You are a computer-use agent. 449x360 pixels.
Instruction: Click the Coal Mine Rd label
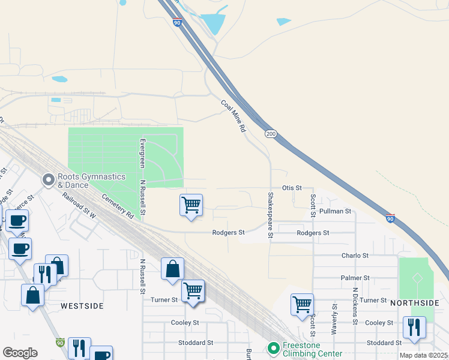click(234, 116)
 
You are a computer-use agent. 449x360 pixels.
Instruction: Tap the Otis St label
click(292, 188)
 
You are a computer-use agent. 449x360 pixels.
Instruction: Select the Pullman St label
click(335, 211)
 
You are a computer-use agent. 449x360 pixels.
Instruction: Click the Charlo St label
click(354, 256)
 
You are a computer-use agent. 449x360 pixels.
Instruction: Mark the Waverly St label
click(334, 319)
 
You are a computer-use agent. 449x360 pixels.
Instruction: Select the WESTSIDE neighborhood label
click(82, 306)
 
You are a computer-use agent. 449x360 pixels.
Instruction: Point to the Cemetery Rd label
click(117, 205)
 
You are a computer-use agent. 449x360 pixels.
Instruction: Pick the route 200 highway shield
click(271, 133)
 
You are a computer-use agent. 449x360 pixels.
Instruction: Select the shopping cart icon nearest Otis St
click(191, 205)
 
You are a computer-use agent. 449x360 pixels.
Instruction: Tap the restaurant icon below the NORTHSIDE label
click(414, 327)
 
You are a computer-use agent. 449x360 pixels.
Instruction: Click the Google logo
click(20, 353)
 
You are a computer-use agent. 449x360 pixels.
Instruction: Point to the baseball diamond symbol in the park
click(417, 278)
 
